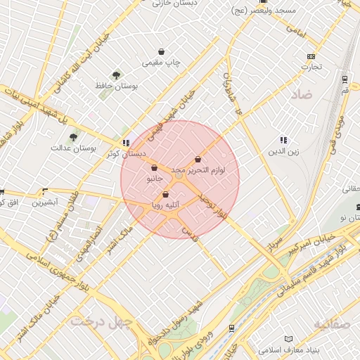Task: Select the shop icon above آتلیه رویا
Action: (x=166, y=195)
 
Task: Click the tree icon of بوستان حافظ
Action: (x=116, y=75)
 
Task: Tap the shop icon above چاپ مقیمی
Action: (x=162, y=51)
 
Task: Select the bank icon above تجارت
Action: (x=311, y=56)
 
